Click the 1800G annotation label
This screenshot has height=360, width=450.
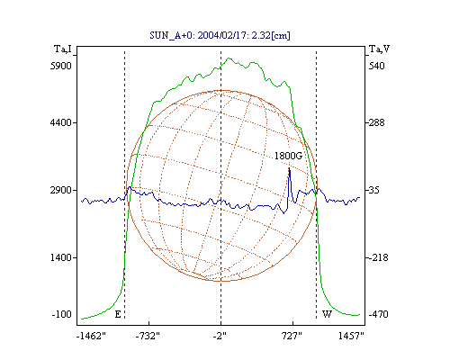(288, 156)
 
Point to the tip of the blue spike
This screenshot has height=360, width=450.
(289, 168)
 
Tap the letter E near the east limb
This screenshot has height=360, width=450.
(118, 314)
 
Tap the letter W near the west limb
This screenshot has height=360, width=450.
(327, 314)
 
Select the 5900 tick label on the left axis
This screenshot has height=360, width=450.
(61, 66)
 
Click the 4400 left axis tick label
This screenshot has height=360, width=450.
(61, 122)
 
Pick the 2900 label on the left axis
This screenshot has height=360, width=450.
(61, 190)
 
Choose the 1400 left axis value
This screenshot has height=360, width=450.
(61, 257)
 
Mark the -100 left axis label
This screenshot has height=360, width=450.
(61, 314)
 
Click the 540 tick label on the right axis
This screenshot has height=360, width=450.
(376, 66)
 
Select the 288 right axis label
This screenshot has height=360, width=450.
(376, 122)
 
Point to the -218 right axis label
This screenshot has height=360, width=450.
(378, 257)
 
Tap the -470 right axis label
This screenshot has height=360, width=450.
(378, 314)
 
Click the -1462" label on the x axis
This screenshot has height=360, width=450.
(91, 336)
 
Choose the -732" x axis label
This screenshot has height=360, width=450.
(148, 336)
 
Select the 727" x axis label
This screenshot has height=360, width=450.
(292, 336)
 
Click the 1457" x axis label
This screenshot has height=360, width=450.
(351, 336)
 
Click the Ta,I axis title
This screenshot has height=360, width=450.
(63, 49)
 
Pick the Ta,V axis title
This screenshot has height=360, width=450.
(379, 49)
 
